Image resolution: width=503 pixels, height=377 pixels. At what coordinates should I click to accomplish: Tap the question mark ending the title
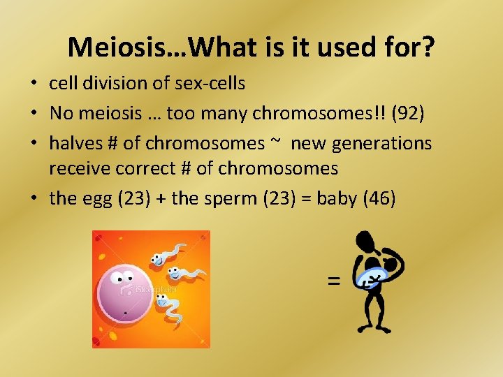click(x=428, y=47)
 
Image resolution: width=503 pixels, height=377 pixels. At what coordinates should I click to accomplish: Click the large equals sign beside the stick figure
click(x=333, y=281)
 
